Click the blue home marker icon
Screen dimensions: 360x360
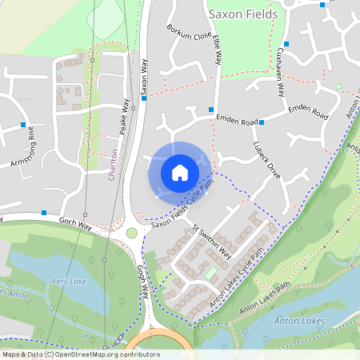click(180, 173)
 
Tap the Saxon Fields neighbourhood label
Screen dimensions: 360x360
click(242, 14)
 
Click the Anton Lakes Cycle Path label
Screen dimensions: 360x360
click(237, 279)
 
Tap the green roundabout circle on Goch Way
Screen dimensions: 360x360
click(132, 233)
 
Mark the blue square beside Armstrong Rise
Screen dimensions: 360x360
click(23, 125)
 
